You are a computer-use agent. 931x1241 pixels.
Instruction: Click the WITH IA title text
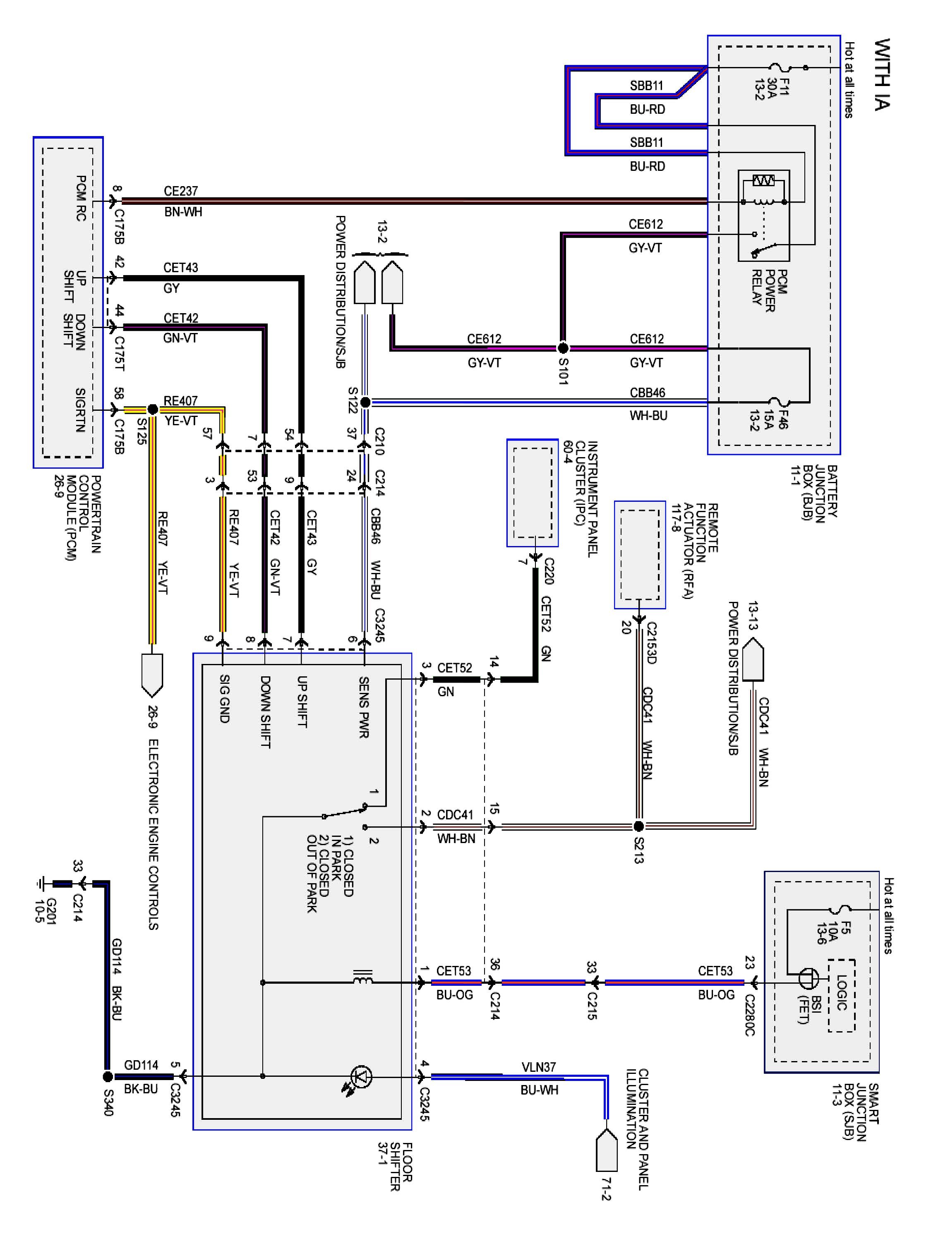click(x=882, y=74)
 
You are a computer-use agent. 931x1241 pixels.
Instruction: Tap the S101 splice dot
click(x=563, y=348)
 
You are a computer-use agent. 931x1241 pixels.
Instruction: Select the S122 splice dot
click(x=365, y=402)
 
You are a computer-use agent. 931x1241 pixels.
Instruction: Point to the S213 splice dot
click(x=638, y=826)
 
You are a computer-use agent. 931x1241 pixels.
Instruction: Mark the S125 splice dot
click(x=152, y=409)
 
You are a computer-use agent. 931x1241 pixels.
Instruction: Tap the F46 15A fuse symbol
click(x=780, y=402)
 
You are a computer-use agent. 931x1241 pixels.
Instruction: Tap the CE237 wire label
click(x=181, y=191)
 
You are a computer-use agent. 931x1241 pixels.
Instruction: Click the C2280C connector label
click(x=750, y=1014)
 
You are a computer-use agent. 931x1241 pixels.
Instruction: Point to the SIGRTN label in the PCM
click(x=80, y=410)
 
